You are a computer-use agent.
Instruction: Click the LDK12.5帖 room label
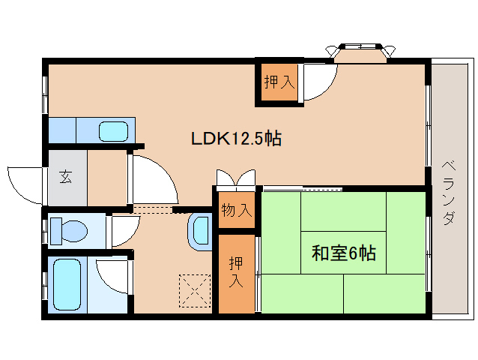[x=235, y=139]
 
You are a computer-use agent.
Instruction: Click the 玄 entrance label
[x=66, y=178]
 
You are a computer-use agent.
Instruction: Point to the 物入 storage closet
[x=236, y=211]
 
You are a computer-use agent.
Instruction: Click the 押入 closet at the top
[x=278, y=81]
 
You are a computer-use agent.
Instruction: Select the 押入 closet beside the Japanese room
[x=236, y=273]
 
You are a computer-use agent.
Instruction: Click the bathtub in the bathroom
[x=66, y=285]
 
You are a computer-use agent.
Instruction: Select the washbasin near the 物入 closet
[x=201, y=230]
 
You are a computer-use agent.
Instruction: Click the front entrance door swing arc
[x=24, y=185]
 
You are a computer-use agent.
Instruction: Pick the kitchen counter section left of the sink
[x=62, y=130]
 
